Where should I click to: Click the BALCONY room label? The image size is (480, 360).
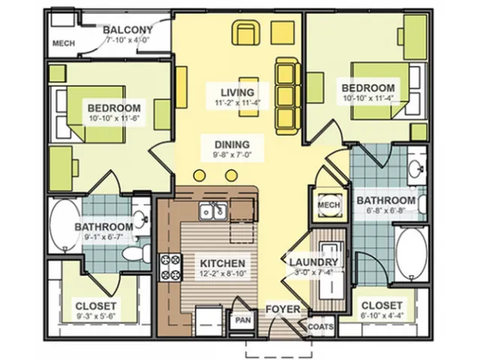coord(127,30)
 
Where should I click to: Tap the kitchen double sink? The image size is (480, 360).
coord(213,211)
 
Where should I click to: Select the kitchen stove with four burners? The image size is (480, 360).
coord(170,268)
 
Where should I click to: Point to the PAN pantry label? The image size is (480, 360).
coord(243,320)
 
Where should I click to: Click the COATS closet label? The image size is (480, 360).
coord(320,327)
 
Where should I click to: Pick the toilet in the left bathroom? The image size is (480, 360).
coord(136,252)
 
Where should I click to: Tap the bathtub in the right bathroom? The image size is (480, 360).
coord(410,253)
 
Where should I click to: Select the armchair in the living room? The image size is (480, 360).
coord(247,32)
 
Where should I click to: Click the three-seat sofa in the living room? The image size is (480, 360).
coord(288,96)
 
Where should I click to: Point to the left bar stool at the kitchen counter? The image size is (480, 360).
coord(199,175)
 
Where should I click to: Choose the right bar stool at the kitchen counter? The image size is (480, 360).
coord(231,175)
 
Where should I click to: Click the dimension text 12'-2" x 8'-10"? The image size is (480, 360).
coord(223,273)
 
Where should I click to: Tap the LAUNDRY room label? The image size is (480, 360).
coord(313,262)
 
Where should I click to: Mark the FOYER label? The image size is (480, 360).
coord(283,309)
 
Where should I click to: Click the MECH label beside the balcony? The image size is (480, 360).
coord(64,43)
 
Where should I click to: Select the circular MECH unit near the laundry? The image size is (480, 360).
coord(328,205)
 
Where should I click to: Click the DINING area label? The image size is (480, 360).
coord(232,145)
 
